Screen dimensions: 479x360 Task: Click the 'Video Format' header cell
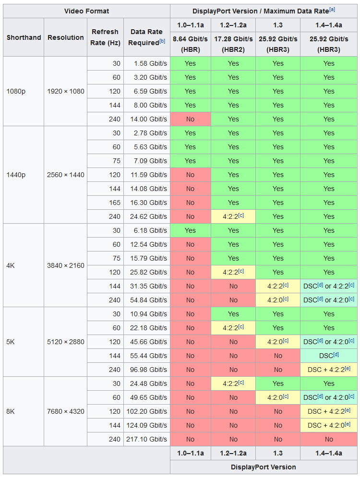tap(86, 11)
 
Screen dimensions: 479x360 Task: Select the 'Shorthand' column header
tap(24, 37)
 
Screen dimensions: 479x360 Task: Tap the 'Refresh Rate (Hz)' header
tap(105, 37)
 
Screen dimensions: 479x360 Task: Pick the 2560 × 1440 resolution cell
tap(66, 175)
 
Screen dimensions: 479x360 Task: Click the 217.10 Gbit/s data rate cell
tap(147, 439)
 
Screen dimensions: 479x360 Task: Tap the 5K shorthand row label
tap(11, 342)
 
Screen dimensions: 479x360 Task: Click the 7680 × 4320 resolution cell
tap(66, 411)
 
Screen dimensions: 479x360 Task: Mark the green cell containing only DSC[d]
tap(329, 356)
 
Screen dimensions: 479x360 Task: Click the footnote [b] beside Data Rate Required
tap(162, 41)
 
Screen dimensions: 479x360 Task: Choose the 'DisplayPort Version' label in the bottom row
tap(264, 467)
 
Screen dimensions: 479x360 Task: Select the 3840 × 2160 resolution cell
tap(66, 265)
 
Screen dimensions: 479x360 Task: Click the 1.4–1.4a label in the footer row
tap(329, 453)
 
